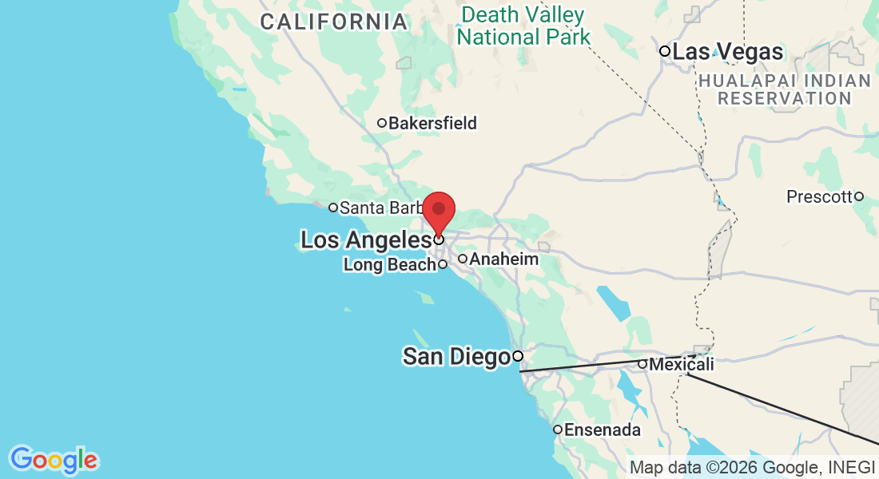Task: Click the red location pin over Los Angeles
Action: (x=439, y=210)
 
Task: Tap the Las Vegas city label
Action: (x=727, y=53)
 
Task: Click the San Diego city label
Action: (x=455, y=357)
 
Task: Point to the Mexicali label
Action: (x=682, y=365)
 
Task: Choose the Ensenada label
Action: (x=603, y=430)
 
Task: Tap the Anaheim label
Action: (x=503, y=259)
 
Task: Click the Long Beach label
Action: (x=389, y=265)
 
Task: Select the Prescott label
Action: (x=819, y=196)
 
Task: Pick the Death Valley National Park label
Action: (x=523, y=26)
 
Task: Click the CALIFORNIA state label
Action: (x=334, y=22)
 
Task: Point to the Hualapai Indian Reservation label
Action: (x=783, y=89)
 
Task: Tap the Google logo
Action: (x=54, y=460)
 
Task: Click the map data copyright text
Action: (x=753, y=468)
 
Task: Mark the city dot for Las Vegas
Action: (x=664, y=51)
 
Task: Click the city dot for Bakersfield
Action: (x=382, y=123)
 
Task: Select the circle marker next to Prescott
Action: (x=859, y=196)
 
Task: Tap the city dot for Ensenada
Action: (x=558, y=430)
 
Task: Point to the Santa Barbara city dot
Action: (x=333, y=208)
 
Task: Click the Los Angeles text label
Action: (x=365, y=239)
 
